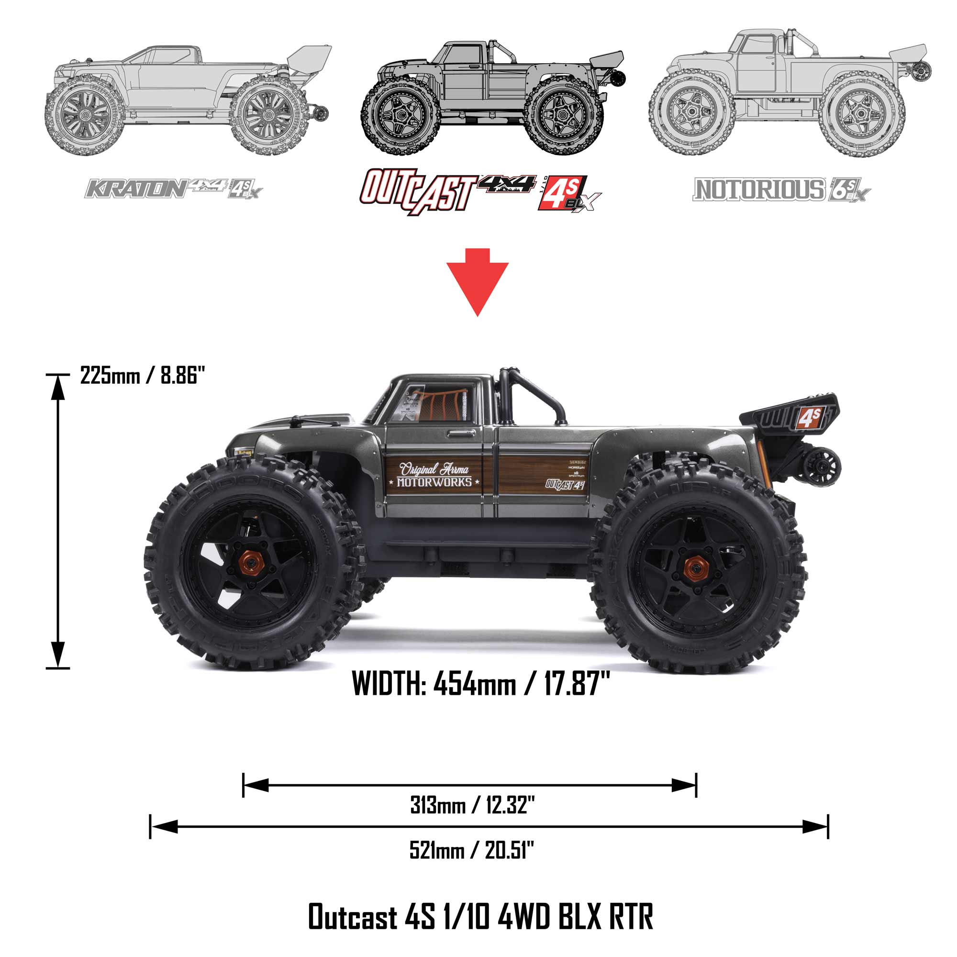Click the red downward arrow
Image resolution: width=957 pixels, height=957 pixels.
477,280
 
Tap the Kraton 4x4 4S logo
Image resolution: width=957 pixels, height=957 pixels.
173,189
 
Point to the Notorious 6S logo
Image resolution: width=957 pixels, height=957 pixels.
781,189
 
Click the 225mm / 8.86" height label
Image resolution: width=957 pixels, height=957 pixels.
143,376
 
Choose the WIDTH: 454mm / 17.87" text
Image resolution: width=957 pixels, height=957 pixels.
480,684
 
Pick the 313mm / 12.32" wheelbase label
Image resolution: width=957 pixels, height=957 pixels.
472,805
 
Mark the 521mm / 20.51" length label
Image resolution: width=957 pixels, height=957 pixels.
472,850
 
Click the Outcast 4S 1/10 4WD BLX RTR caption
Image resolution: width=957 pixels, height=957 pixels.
480,916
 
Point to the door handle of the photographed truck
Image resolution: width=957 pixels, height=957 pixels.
461,434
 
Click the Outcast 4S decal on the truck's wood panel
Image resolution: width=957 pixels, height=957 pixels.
565,484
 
